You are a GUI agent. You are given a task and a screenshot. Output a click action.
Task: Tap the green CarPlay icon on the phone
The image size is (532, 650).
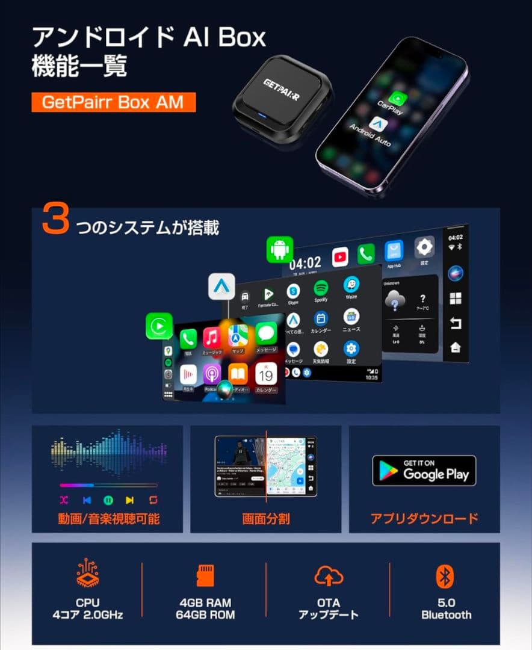pyautogui.click(x=397, y=98)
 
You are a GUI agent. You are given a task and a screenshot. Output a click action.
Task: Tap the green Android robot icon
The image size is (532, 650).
pyautogui.click(x=280, y=249)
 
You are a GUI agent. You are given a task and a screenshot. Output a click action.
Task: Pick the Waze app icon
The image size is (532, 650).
pyautogui.click(x=351, y=285)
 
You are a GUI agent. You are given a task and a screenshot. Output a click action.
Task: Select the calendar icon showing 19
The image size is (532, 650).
pyautogui.click(x=265, y=374)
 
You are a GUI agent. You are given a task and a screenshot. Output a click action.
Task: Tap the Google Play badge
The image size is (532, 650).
pyautogui.click(x=424, y=471)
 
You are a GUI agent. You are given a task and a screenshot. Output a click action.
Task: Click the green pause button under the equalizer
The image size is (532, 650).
pyautogui.click(x=108, y=500)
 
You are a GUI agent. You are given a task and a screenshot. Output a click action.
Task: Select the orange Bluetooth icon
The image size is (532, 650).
pyautogui.click(x=445, y=576)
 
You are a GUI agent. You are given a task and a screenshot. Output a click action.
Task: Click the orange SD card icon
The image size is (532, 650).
pyautogui.click(x=206, y=576)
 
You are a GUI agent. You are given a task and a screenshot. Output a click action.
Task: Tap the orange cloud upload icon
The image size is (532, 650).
pyautogui.click(x=329, y=577)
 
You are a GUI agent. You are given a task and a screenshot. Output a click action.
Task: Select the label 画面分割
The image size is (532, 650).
pyautogui.click(x=266, y=518)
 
